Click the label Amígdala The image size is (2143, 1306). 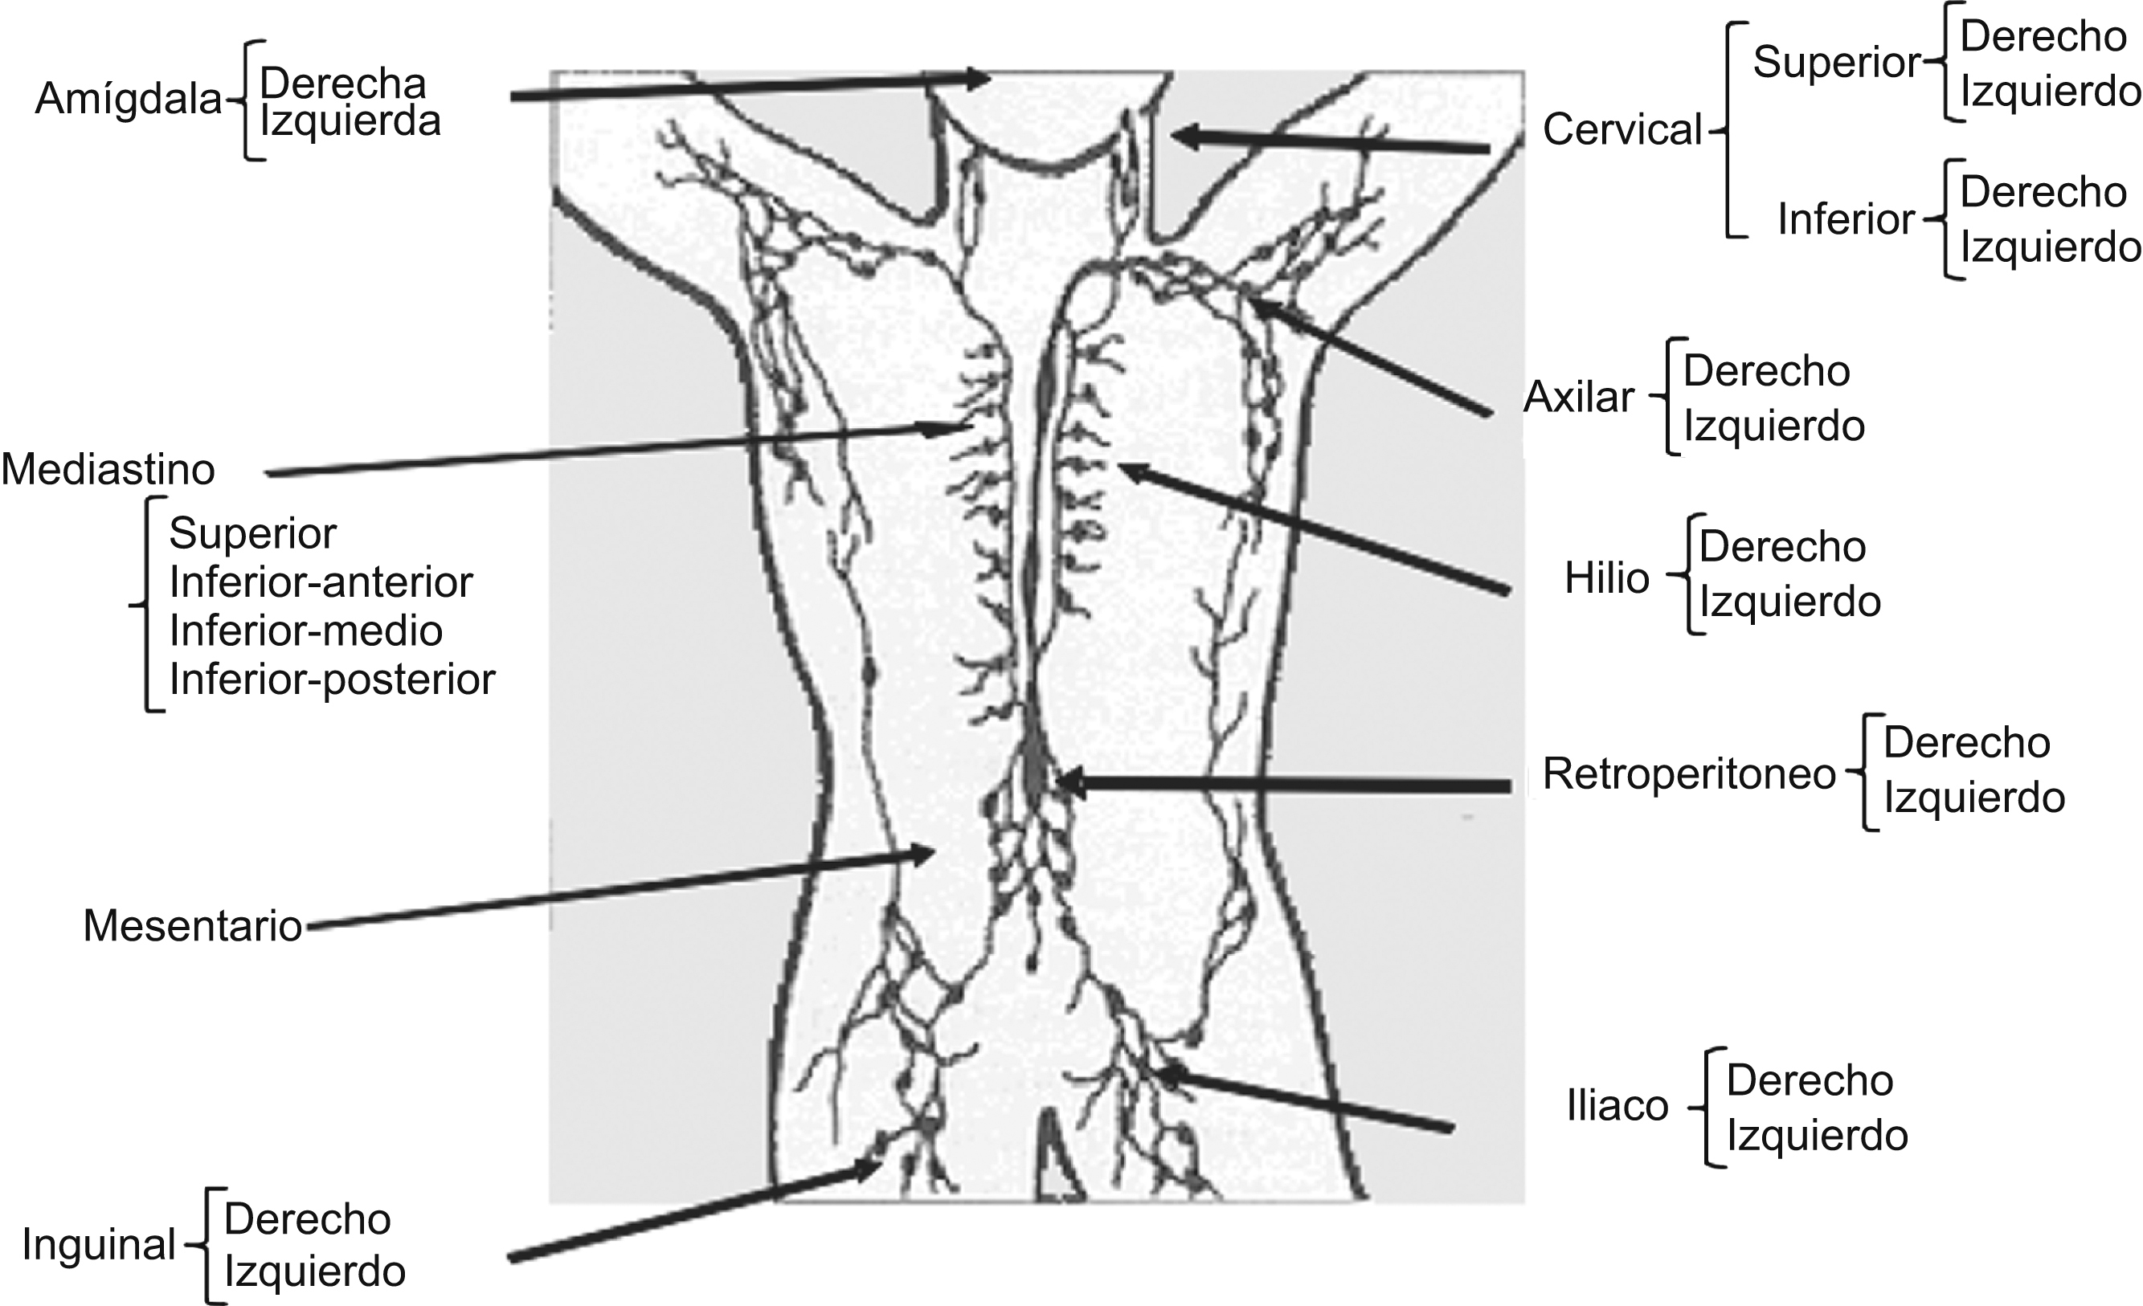(x=128, y=100)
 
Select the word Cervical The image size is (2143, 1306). (x=1622, y=130)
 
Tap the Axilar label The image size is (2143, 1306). (x=1579, y=398)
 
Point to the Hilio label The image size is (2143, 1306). (x=1606, y=578)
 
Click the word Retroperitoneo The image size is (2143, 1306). (x=1688, y=773)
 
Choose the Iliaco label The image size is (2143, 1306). (x=1617, y=1107)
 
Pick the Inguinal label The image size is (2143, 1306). (x=99, y=1244)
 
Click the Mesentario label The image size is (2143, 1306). (x=192, y=926)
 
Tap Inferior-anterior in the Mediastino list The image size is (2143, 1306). (x=321, y=582)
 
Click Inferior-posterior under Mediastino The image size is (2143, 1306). (x=332, y=679)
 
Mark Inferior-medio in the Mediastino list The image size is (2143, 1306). (x=306, y=631)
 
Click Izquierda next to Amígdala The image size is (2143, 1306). (x=350, y=122)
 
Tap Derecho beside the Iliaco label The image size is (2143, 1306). (x=1810, y=1081)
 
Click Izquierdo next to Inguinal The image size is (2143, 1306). (x=315, y=1272)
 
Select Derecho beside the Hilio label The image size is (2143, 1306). (x=1782, y=547)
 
